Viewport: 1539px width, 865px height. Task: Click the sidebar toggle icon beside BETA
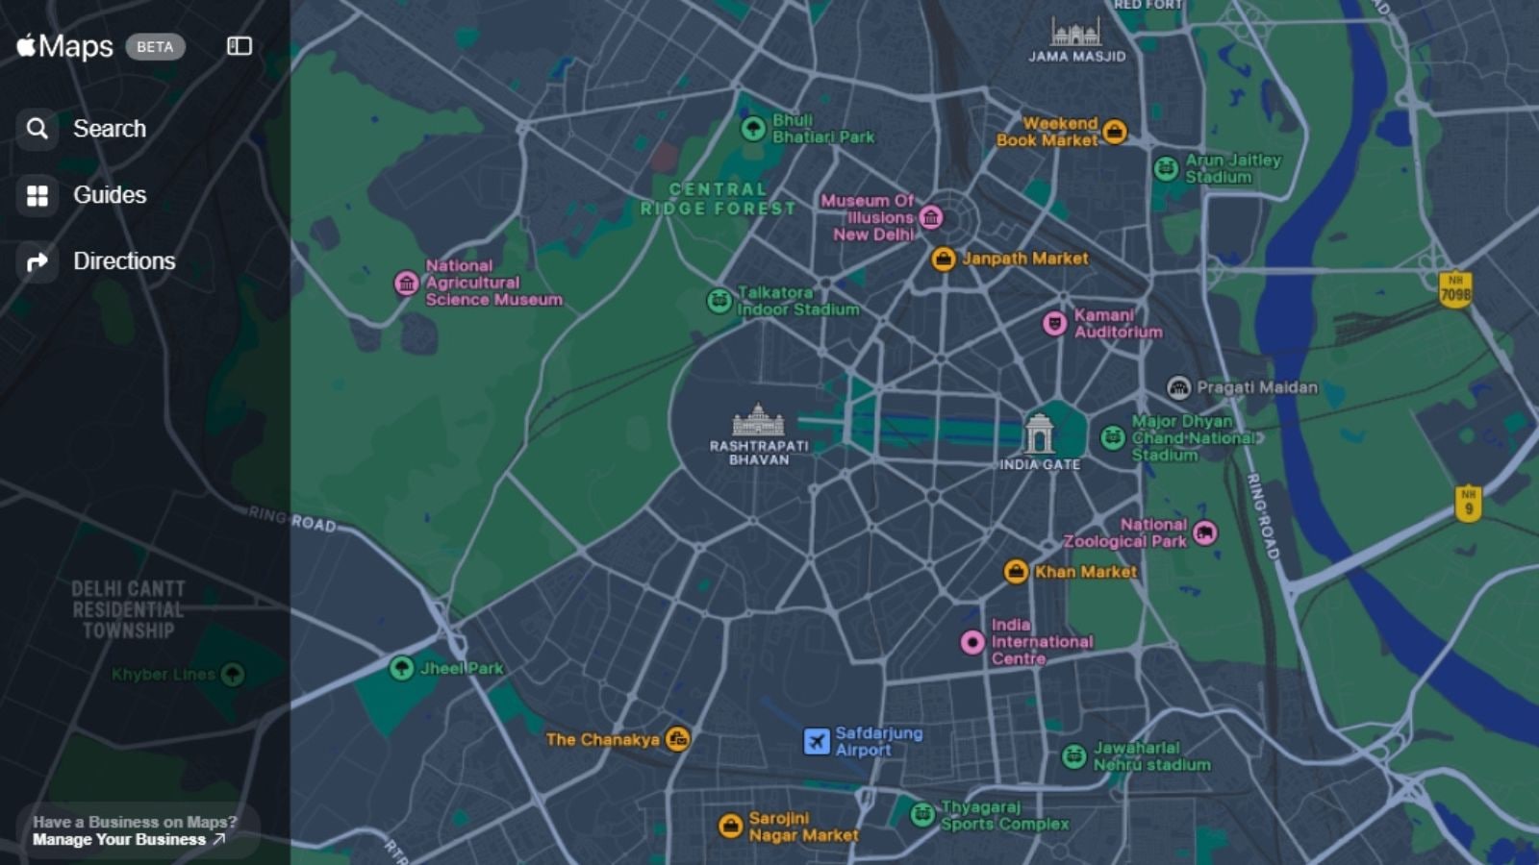[240, 46]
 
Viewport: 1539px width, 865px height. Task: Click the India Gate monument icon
[1039, 434]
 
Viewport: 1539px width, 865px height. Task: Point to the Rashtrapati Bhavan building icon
[758, 420]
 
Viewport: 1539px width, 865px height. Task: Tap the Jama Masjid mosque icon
[1075, 32]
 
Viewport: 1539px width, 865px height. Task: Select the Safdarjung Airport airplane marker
[817, 741]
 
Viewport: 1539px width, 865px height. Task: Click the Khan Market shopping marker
[1016, 572]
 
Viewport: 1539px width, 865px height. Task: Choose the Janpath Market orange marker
[944, 259]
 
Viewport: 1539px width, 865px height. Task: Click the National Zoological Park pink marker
[1205, 532]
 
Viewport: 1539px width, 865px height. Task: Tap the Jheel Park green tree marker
[402, 668]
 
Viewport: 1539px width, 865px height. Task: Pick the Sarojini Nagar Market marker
[731, 826]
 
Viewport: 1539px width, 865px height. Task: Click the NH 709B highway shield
[1455, 289]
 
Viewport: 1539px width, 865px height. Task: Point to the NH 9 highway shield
[1468, 503]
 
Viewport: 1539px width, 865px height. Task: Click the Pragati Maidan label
[1256, 387]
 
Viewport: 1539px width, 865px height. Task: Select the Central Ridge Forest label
[719, 199]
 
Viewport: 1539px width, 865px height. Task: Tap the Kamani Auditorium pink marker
[1055, 323]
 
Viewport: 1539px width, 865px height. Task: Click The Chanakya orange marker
[678, 739]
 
